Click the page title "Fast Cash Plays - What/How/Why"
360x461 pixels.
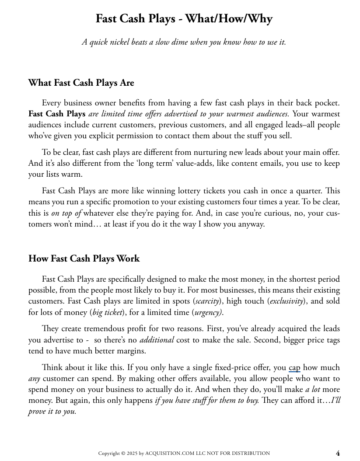[184, 19]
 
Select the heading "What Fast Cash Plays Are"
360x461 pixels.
[81, 83]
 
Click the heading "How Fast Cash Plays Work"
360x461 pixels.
[84, 258]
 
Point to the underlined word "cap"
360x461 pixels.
[294, 367]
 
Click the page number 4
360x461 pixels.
[338, 453]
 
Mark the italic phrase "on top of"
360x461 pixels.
[66, 213]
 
